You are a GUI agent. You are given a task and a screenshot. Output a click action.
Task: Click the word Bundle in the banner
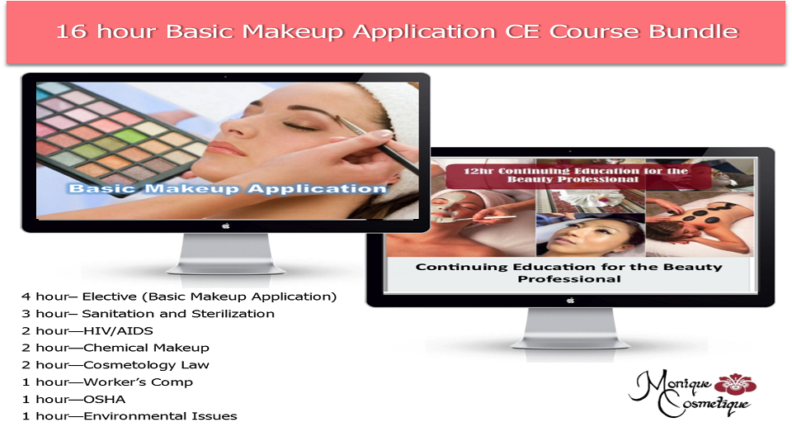click(694, 31)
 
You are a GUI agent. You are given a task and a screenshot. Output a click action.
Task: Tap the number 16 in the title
click(71, 31)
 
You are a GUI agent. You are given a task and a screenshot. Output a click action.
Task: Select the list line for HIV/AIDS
click(87, 330)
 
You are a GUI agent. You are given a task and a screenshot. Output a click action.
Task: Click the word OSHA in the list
click(105, 399)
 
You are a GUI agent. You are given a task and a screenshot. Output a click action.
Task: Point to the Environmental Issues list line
click(130, 416)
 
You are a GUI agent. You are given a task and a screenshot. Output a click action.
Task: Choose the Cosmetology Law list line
click(115, 365)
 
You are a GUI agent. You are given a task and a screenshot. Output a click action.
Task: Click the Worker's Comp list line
click(107, 382)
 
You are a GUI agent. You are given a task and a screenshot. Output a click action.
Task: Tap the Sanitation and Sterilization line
click(148, 314)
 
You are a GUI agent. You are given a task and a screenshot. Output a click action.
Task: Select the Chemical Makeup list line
click(115, 348)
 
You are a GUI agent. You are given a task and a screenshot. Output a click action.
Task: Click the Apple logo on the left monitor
click(226, 226)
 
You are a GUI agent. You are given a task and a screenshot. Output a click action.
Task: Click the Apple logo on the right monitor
click(571, 301)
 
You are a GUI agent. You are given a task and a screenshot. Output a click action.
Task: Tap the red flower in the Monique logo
click(736, 383)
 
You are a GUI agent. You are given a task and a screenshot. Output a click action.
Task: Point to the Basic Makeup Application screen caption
click(228, 188)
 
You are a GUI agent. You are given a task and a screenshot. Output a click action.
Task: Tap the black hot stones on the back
click(705, 217)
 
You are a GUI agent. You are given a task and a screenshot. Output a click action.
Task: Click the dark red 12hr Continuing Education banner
click(576, 175)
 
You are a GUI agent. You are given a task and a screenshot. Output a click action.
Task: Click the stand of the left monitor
click(226, 254)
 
